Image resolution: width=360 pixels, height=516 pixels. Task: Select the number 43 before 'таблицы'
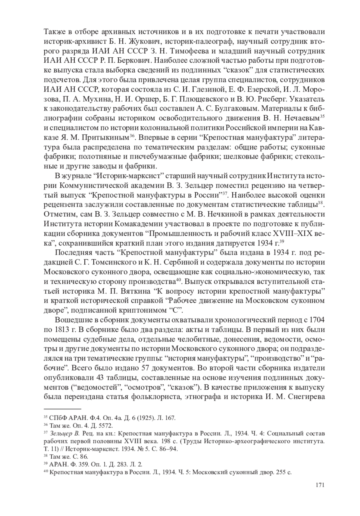[101, 377]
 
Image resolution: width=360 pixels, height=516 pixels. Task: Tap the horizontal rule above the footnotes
[62, 409]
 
